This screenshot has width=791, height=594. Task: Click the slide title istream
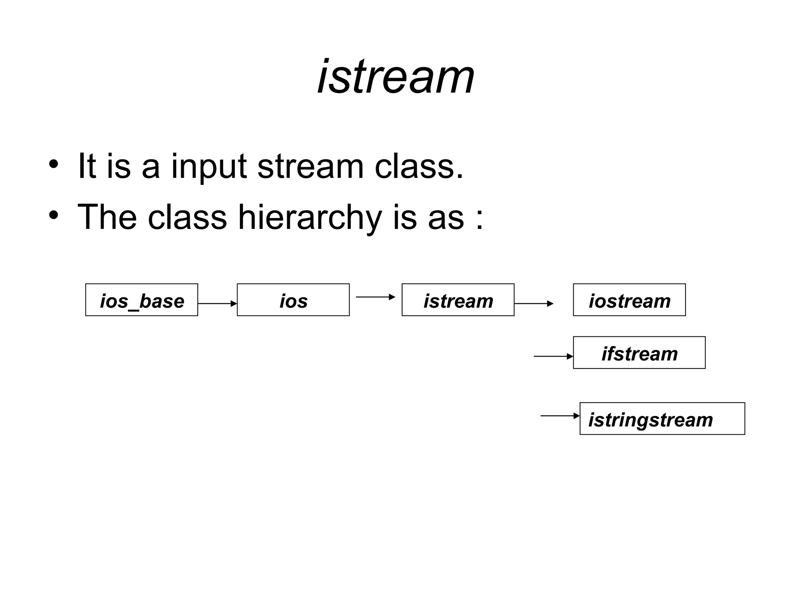[x=395, y=77]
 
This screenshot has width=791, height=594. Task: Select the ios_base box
[x=141, y=300]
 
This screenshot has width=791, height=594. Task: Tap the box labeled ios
[x=293, y=300]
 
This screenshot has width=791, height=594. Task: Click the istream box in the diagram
[x=458, y=300]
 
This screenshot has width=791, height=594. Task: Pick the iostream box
[x=629, y=300]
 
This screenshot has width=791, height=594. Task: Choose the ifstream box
[x=639, y=353]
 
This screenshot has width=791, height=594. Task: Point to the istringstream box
[x=662, y=419]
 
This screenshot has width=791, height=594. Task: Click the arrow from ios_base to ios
[x=217, y=304]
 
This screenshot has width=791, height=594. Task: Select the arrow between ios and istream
[x=375, y=297]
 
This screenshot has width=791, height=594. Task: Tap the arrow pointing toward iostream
[x=534, y=304]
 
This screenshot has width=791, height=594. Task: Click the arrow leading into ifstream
[x=553, y=356]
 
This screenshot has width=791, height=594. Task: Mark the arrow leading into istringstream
[x=560, y=416]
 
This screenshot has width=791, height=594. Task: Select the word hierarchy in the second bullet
[x=309, y=217]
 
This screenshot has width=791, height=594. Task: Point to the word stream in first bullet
[x=311, y=166]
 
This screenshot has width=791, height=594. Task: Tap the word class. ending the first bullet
[x=419, y=166]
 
